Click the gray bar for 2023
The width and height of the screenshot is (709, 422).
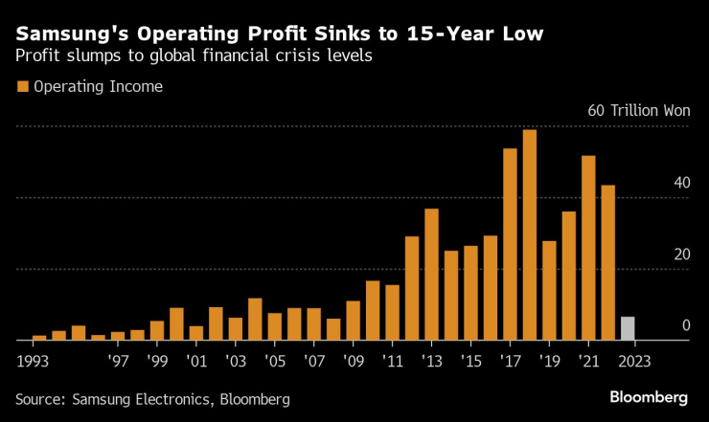click(628, 328)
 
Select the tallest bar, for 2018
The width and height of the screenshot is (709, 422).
click(530, 235)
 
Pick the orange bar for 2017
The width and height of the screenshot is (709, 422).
click(510, 245)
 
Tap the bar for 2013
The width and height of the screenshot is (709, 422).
click(431, 275)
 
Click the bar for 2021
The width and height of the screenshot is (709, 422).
click(588, 248)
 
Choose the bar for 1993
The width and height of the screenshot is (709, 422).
click(39, 338)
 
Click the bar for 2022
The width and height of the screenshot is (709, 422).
click(607, 263)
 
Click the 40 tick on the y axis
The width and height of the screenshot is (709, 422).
click(680, 183)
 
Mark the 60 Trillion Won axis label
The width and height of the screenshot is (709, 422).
click(638, 111)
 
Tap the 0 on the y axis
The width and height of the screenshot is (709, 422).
click(686, 326)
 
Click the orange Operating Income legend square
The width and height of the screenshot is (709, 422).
click(22, 87)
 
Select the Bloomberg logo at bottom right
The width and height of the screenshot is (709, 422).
click(649, 396)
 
